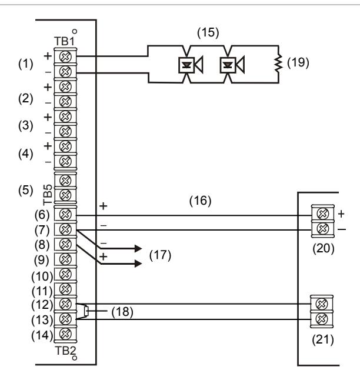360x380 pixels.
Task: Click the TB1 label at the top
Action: pyautogui.click(x=65, y=41)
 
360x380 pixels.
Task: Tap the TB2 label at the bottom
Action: pyautogui.click(x=65, y=351)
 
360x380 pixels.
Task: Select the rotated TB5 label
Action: pyautogui.click(x=48, y=194)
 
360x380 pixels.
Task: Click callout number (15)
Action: pyautogui.click(x=208, y=33)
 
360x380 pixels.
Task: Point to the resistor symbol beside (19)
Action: pyautogui.click(x=279, y=63)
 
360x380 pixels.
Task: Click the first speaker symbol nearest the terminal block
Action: pyautogui.click(x=191, y=65)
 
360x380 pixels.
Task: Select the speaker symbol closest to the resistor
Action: pyautogui.click(x=232, y=65)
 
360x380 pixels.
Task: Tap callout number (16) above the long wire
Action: pyautogui.click(x=200, y=201)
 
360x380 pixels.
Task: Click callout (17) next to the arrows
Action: pyautogui.click(x=160, y=255)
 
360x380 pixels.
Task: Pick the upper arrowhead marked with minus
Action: pyautogui.click(x=138, y=248)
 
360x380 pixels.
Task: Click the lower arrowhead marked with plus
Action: pyautogui.click(x=138, y=264)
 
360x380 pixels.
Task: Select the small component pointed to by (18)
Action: pyautogui.click(x=86, y=311)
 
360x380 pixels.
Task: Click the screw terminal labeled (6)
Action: pyautogui.click(x=65, y=214)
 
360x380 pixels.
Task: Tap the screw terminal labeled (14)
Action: pyautogui.click(x=65, y=334)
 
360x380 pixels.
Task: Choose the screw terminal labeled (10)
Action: pyautogui.click(x=65, y=274)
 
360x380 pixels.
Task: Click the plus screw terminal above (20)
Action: pyautogui.click(x=323, y=214)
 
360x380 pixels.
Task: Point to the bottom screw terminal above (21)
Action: pyautogui.click(x=322, y=319)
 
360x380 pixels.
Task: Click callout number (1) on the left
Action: pyautogui.click(x=26, y=64)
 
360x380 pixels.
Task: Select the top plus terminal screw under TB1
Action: pyautogui.click(x=65, y=56)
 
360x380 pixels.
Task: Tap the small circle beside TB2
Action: pyautogui.click(x=75, y=358)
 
